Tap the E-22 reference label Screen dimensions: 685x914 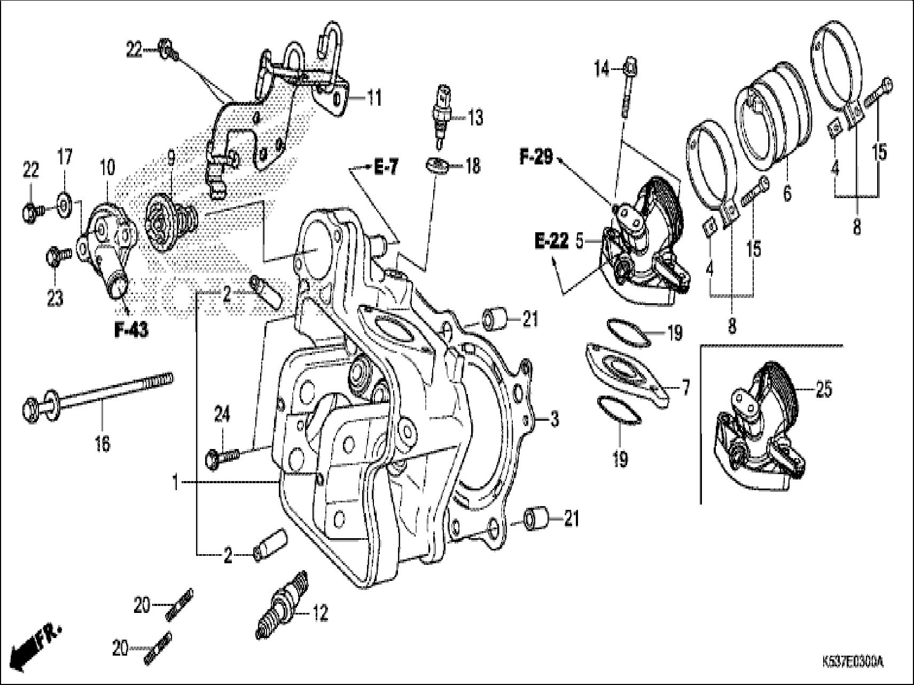pyautogui.click(x=551, y=242)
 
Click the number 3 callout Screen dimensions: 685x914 pyautogui.click(x=554, y=420)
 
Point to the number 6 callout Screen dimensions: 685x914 pyautogui.click(x=787, y=193)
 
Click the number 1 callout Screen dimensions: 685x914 pyautogui.click(x=175, y=483)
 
